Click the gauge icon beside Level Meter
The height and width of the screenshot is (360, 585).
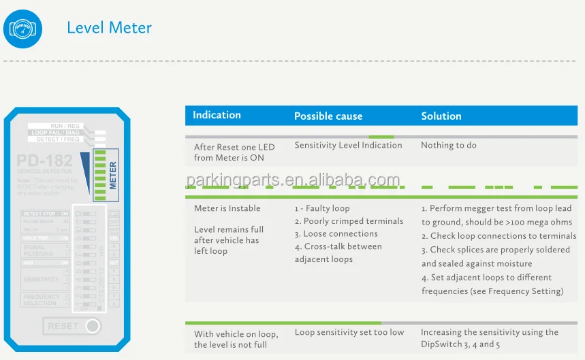(22, 29)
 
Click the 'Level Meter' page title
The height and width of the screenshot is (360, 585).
(109, 28)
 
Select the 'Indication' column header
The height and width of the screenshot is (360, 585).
(217, 115)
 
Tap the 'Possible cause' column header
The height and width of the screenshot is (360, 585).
(328, 116)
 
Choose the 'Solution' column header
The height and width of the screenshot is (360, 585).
(441, 116)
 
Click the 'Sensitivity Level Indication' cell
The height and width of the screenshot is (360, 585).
(348, 145)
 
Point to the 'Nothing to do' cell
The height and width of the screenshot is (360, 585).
(448, 145)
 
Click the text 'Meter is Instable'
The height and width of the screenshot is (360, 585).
(227, 208)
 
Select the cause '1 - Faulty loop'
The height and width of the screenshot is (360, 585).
(322, 208)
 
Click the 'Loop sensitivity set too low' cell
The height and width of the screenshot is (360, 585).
(349, 332)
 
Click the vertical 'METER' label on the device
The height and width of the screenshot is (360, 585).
(113, 175)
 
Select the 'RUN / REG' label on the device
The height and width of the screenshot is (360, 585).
(65, 126)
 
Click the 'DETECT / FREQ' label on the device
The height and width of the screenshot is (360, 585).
(58, 140)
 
